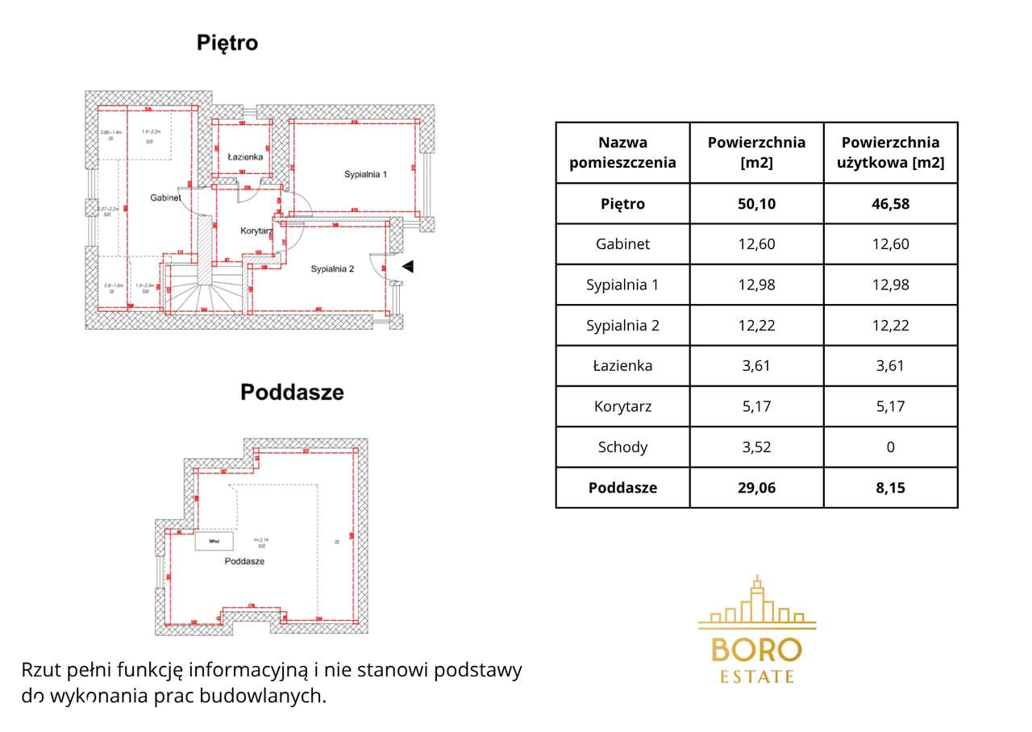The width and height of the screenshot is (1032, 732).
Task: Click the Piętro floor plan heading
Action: (x=227, y=43)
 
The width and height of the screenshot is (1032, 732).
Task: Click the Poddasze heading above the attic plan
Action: (x=292, y=393)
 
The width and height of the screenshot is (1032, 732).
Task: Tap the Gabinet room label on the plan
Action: (x=164, y=198)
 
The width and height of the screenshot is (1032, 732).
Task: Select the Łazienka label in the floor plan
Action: (x=244, y=157)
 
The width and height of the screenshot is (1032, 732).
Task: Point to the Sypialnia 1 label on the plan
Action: (x=366, y=174)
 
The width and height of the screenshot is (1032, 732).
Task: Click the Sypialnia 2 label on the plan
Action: (x=332, y=269)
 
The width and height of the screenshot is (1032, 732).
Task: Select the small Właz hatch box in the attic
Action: (x=214, y=542)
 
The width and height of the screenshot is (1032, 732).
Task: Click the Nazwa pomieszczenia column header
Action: (x=622, y=152)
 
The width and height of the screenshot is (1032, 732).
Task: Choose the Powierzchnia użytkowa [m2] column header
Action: (x=890, y=152)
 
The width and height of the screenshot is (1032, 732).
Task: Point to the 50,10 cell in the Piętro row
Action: (x=756, y=204)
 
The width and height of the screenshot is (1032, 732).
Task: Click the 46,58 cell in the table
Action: (x=890, y=204)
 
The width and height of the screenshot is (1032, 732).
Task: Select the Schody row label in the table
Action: (x=622, y=447)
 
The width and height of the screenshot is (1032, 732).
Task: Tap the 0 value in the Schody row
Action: (x=890, y=447)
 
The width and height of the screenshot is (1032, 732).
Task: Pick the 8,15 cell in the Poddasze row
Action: (x=890, y=488)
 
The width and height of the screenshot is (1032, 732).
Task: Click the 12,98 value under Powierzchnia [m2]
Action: (x=756, y=285)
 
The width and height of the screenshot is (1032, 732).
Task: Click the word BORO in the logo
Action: (x=756, y=650)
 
